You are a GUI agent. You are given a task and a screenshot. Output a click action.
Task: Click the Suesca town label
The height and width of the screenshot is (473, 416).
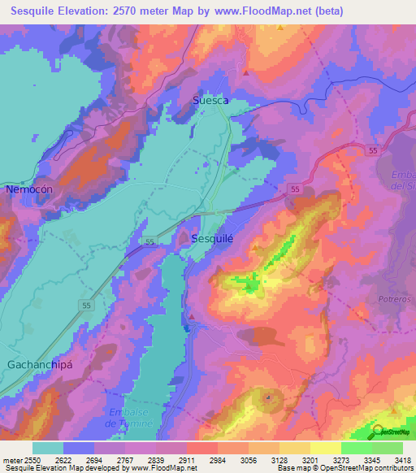pyautogui.click(x=210, y=101)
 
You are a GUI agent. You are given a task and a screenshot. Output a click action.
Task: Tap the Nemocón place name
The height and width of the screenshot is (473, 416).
pyautogui.click(x=29, y=189)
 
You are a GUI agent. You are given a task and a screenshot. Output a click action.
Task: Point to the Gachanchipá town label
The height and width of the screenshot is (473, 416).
pyautogui.click(x=40, y=364)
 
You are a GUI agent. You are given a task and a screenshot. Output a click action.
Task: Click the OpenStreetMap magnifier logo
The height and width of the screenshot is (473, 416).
pyautogui.click(x=377, y=432)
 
